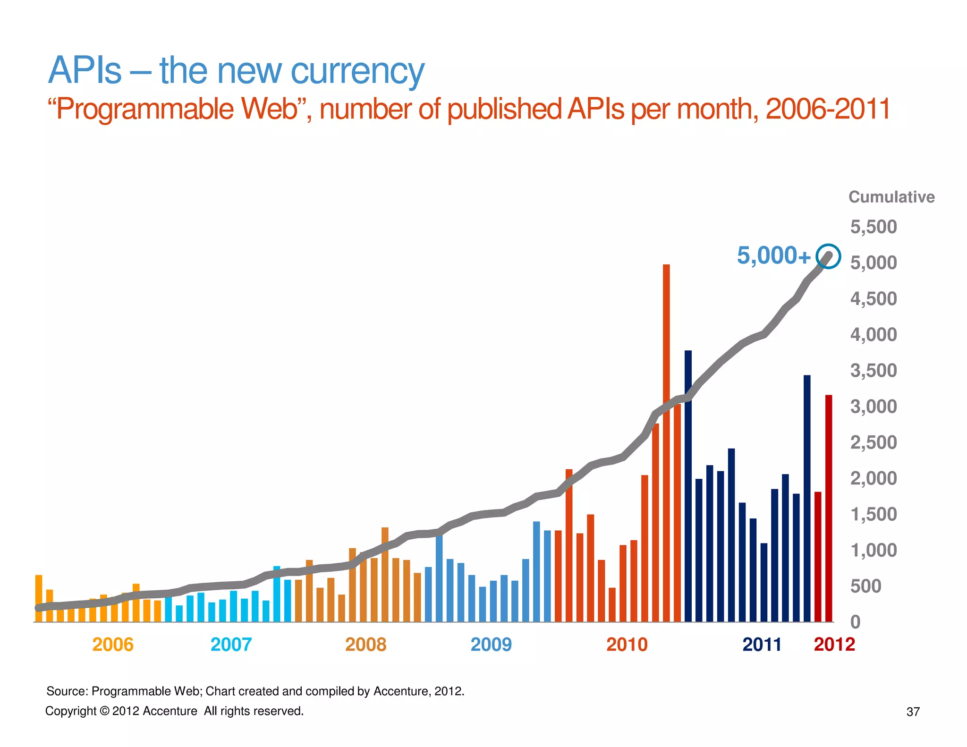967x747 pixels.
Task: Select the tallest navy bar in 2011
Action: tap(688, 486)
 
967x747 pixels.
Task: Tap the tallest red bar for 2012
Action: tap(829, 508)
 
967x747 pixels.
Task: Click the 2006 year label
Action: tap(113, 645)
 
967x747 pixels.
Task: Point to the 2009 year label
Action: tap(491, 645)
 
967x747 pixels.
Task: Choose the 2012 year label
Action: tap(834, 645)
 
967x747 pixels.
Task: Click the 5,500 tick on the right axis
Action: tap(873, 227)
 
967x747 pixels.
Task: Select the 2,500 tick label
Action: tap(873, 443)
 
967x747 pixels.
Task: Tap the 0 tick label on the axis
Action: tap(855, 622)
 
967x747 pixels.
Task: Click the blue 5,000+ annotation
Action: tap(773, 256)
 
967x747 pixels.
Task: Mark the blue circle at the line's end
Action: tap(829, 256)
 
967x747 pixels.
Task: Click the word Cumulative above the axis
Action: tap(891, 197)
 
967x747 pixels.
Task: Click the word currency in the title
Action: tap(357, 71)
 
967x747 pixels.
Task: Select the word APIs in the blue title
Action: tap(85, 71)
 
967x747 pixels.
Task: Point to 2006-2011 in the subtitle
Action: tap(827, 109)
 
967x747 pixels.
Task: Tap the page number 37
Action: tap(913, 712)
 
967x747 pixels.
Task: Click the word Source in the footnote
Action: tap(67, 691)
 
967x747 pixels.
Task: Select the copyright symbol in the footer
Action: tap(104, 711)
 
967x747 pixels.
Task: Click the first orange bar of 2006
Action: tap(39, 598)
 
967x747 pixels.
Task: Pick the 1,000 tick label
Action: tap(873, 551)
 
